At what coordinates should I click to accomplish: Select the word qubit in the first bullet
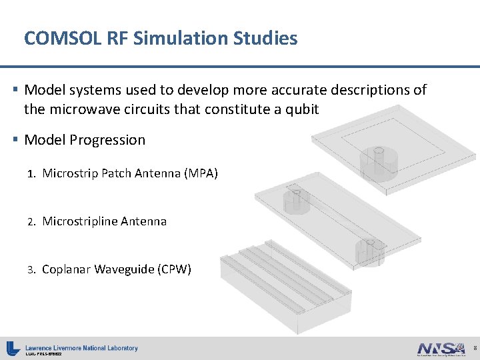(x=301, y=109)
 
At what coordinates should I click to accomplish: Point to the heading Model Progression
(x=85, y=140)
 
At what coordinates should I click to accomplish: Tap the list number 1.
(x=31, y=174)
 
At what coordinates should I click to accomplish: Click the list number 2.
(x=31, y=222)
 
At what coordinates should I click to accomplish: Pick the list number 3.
(x=31, y=270)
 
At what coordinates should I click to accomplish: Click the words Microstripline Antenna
(x=104, y=221)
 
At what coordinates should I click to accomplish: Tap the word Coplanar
(x=66, y=269)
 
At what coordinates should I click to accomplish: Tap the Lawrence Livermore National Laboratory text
(x=81, y=347)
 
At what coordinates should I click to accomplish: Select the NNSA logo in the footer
(x=441, y=348)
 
